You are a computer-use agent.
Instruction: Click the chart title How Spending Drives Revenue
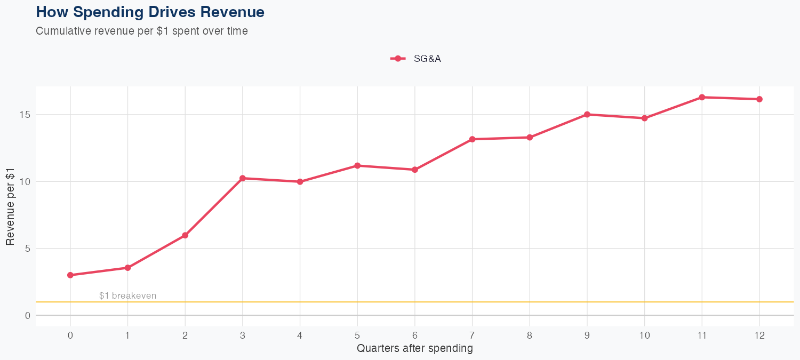tap(150, 12)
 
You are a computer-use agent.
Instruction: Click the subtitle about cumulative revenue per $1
tap(141, 31)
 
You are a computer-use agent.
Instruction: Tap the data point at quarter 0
tap(70, 275)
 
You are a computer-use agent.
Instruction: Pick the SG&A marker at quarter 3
tap(243, 178)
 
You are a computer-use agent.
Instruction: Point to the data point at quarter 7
tap(472, 139)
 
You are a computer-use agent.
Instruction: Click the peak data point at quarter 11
tap(702, 97)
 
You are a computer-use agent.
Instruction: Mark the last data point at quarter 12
tap(759, 99)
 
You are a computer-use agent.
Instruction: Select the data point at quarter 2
tap(185, 235)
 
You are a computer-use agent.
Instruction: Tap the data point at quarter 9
tap(587, 114)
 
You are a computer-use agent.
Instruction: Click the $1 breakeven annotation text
tap(127, 296)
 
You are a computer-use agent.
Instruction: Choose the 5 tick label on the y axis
tap(27, 249)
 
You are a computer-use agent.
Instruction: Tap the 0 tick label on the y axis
tap(27, 315)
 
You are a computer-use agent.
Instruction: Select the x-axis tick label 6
tap(415, 335)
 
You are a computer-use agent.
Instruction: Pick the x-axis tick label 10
tap(644, 335)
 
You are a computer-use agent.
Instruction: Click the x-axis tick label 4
tap(300, 335)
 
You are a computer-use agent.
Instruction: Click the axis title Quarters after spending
tap(414, 349)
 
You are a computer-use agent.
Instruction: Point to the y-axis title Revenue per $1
tap(10, 206)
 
